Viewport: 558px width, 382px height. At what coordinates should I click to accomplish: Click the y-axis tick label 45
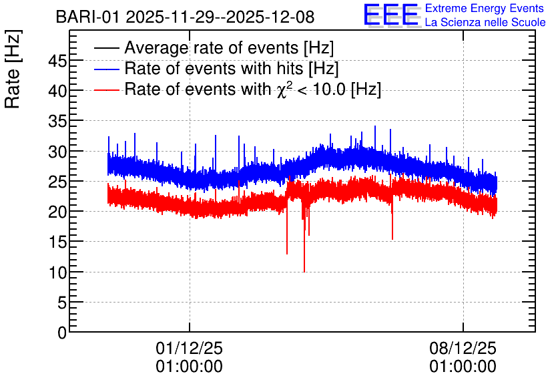(57, 61)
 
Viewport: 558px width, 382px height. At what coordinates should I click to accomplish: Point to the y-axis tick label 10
(57, 273)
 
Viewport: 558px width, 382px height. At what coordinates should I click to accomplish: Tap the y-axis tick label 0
(62, 333)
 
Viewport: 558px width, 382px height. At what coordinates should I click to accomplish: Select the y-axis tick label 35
(57, 122)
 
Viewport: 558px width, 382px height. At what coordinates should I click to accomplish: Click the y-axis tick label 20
(57, 212)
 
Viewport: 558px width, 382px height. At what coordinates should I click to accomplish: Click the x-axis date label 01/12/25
(190, 348)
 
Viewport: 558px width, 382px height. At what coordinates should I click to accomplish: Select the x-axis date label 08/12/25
(463, 348)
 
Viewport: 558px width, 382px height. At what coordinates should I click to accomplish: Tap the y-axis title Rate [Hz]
(13, 69)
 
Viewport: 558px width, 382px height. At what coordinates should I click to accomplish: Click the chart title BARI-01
(87, 17)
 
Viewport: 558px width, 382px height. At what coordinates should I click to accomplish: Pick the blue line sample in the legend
(106, 69)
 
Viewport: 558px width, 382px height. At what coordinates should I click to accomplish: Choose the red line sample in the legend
(106, 89)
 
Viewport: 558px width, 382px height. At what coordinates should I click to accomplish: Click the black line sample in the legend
(106, 48)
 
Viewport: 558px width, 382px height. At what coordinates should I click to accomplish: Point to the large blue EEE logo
(391, 15)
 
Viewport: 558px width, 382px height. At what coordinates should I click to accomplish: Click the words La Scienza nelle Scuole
(485, 22)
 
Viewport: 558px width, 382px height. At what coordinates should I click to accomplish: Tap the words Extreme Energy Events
(485, 8)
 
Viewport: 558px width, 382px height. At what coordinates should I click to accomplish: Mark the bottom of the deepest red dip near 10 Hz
(304, 272)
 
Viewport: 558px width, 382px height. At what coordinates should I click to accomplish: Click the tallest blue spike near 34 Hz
(374, 126)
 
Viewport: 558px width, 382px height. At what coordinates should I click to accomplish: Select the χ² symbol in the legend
(282, 89)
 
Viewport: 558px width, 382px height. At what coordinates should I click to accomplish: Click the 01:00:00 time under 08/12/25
(463, 367)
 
